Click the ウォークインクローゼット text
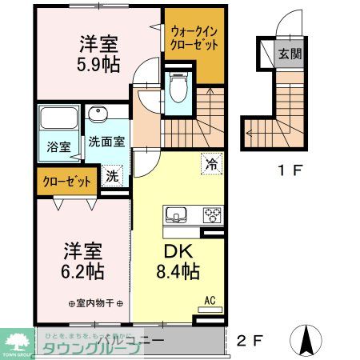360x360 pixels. point(194,39)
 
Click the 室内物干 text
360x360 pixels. point(96,303)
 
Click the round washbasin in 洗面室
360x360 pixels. point(98,114)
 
